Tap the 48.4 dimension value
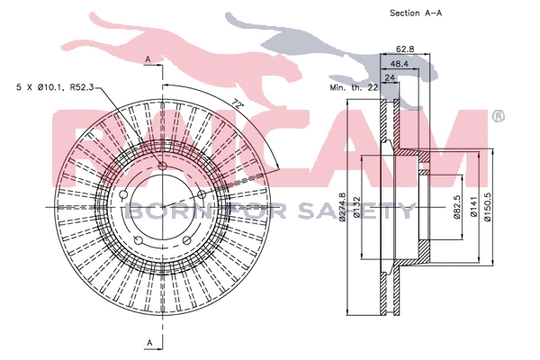click(400, 65)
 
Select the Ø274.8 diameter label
click(343, 211)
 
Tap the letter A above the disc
click(147, 59)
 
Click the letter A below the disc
click(147, 343)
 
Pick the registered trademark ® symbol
click(498, 116)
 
